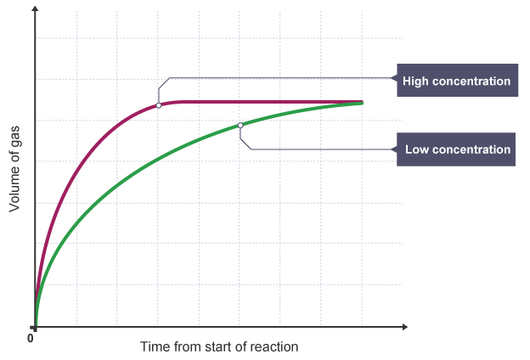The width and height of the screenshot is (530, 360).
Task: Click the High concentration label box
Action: [456, 82]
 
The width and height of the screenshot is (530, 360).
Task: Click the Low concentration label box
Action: [457, 149]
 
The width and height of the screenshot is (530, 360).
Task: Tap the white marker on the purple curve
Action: [159, 105]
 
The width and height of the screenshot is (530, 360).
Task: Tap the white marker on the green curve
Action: [240, 126]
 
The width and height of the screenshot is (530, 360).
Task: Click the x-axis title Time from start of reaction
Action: [220, 347]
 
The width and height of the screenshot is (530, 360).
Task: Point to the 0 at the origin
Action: [31, 338]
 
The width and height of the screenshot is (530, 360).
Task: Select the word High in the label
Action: [417, 82]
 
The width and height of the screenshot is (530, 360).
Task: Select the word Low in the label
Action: [416, 149]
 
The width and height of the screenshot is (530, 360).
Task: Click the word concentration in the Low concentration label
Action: [471, 149]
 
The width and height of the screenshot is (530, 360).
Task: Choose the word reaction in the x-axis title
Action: [276, 347]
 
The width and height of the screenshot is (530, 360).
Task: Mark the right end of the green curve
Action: [363, 103]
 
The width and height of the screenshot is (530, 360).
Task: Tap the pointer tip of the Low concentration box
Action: [395, 149]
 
